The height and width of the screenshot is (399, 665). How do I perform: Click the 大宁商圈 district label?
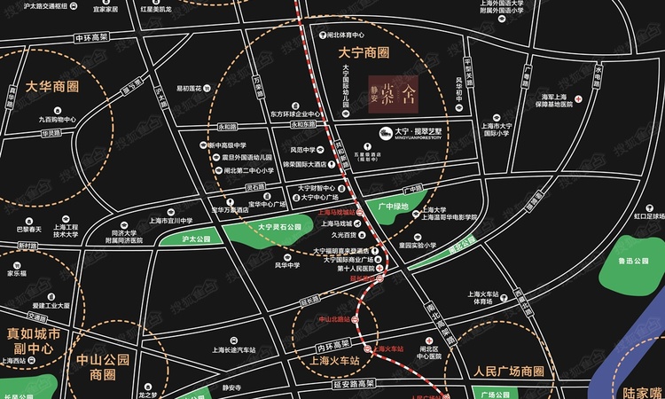[364, 52]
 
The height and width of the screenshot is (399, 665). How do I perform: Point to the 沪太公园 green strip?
[182, 239]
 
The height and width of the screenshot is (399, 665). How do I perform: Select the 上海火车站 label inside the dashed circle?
[329, 362]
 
